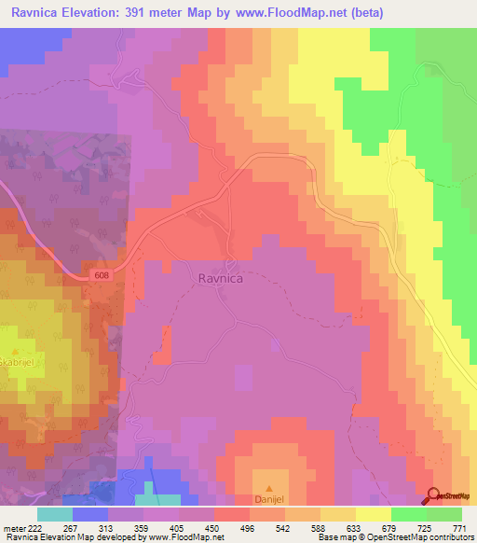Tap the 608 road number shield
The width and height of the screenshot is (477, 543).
tap(104, 273)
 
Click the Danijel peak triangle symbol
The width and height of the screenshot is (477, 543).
tap(270, 488)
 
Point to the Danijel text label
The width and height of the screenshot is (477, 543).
tap(270, 500)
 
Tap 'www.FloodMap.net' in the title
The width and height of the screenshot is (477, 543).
tap(290, 13)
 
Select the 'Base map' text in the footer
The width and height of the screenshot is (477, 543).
tap(335, 537)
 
